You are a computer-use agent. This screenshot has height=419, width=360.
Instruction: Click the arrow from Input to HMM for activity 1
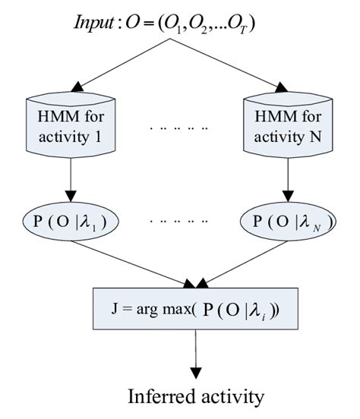[x=122, y=65]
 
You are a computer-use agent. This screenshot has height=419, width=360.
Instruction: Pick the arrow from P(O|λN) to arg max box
[x=235, y=262]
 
